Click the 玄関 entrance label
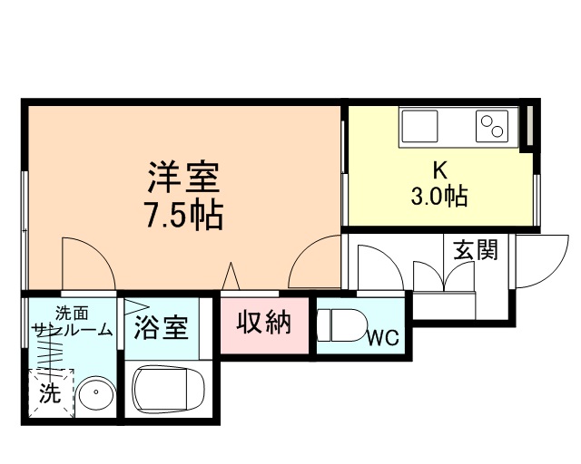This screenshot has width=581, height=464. pos(477,249)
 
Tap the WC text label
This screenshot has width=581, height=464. pos(383,338)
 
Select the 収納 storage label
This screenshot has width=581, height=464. pos(265,322)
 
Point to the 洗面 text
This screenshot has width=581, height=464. pos(72,314)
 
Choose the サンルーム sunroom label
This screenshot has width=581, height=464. pos(71,330)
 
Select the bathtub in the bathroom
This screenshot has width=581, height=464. pos(170,389)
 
